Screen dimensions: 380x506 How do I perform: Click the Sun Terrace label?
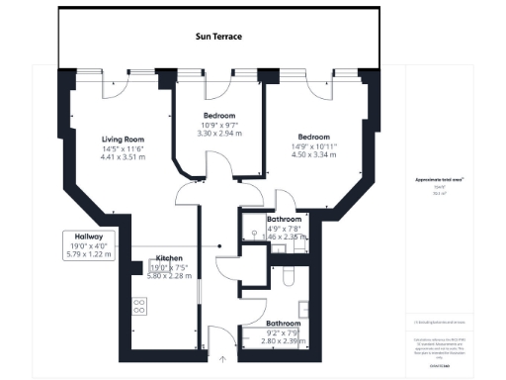(x=216, y=37)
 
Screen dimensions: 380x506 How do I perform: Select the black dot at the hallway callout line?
(x=220, y=245)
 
